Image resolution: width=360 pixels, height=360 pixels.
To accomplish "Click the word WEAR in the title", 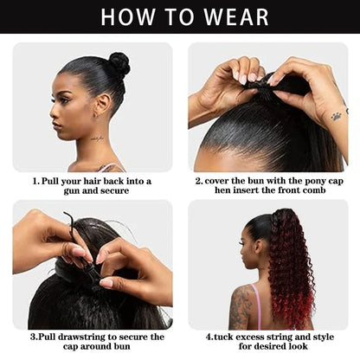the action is (236, 17).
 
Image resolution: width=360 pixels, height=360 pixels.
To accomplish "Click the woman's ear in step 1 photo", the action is (102, 106).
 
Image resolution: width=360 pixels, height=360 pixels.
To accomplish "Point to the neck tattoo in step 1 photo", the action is (97, 138).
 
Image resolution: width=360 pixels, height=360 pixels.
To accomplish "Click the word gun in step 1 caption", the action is (72, 191).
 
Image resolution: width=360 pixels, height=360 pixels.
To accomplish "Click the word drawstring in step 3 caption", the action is (81, 337).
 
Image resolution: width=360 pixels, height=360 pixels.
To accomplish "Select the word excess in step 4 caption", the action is (250, 337).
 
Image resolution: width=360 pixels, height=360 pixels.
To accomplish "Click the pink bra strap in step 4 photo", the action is (257, 306).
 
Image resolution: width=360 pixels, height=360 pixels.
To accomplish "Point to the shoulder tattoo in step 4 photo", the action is (240, 306).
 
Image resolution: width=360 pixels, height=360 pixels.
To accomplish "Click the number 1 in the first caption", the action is (35, 181).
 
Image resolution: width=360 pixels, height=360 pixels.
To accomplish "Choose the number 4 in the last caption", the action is (209, 337).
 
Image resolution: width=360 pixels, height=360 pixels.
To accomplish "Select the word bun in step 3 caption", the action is (123, 346).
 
